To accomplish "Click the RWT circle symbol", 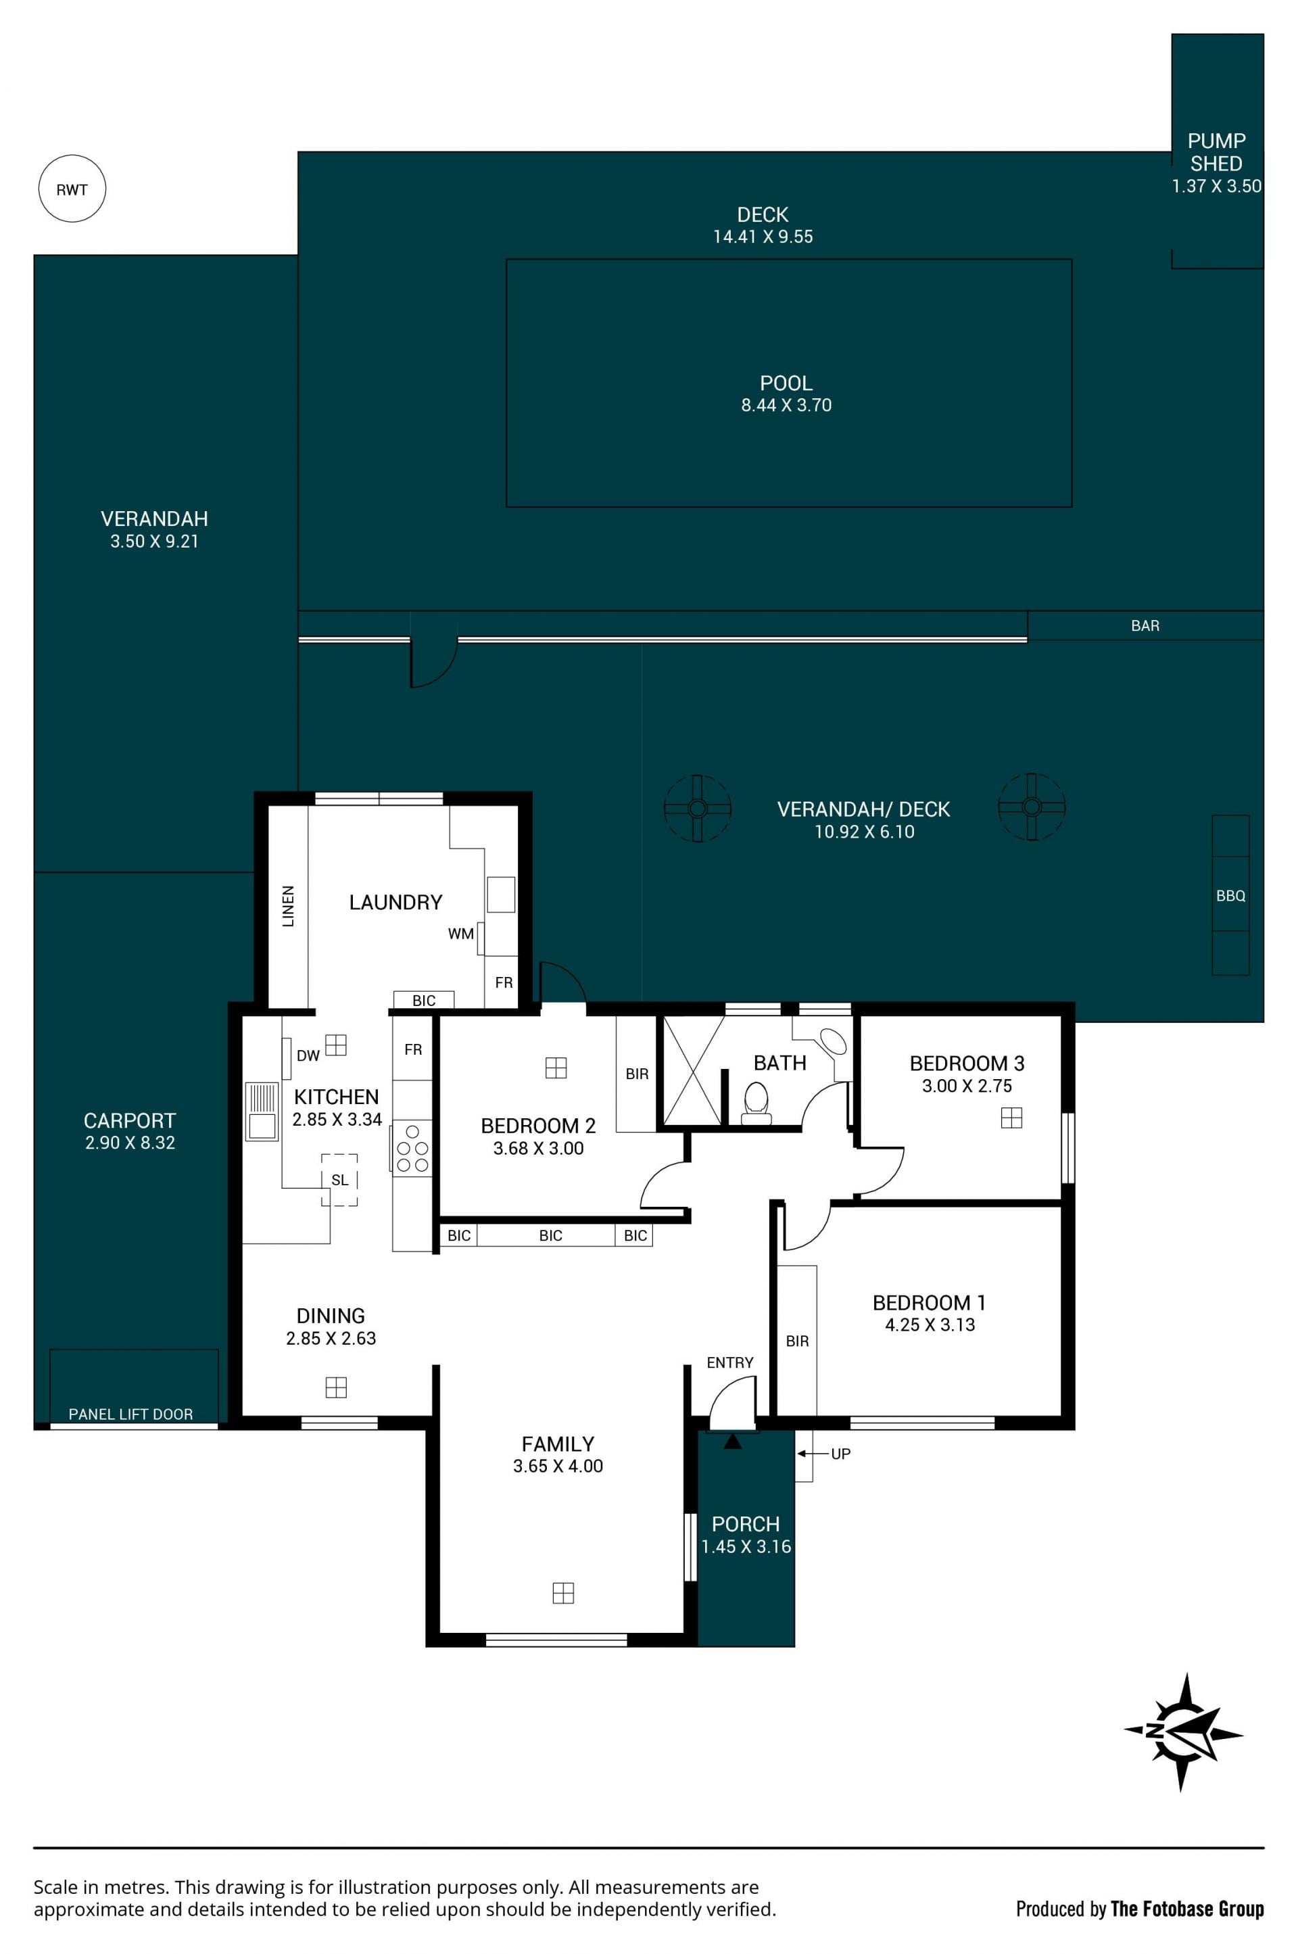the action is point(72,189).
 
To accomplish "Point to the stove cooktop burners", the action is point(412,1148).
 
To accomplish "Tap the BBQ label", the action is point(1230,896).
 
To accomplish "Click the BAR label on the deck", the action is point(1145,626).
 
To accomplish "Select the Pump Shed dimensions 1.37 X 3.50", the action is point(1216,187).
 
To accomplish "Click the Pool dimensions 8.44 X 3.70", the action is point(786,405).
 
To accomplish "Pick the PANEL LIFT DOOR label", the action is point(130,1414).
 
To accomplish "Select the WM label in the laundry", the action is point(461,934).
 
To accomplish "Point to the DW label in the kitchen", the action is point(308,1055).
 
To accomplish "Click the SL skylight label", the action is point(339,1180).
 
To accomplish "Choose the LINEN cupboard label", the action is point(288,906).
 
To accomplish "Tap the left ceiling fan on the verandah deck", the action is point(697,808).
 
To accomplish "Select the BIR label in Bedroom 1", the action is point(797,1341).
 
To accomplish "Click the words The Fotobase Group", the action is point(1187,1909).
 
